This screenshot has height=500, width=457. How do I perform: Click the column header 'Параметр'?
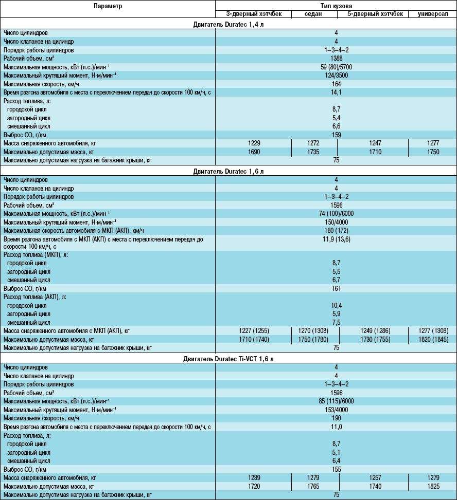[x=108, y=6]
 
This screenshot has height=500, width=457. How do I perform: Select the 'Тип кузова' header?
[x=336, y=6]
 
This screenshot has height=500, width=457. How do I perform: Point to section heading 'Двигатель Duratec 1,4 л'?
[x=228, y=24]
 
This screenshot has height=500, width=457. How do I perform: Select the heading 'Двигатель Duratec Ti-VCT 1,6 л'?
[x=228, y=358]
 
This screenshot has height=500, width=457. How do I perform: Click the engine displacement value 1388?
[x=336, y=59]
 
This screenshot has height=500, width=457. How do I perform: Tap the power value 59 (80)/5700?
[x=336, y=67]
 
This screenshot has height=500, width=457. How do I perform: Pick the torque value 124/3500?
[x=336, y=76]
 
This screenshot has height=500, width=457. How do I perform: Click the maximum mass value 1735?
[x=313, y=152]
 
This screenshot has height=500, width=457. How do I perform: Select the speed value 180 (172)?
[x=336, y=230]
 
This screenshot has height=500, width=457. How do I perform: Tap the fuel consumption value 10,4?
[x=336, y=305]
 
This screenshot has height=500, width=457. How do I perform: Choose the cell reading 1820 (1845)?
[x=432, y=339]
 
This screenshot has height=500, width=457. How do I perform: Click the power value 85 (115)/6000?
[x=336, y=401]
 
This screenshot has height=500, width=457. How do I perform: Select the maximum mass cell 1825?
[x=432, y=486]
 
